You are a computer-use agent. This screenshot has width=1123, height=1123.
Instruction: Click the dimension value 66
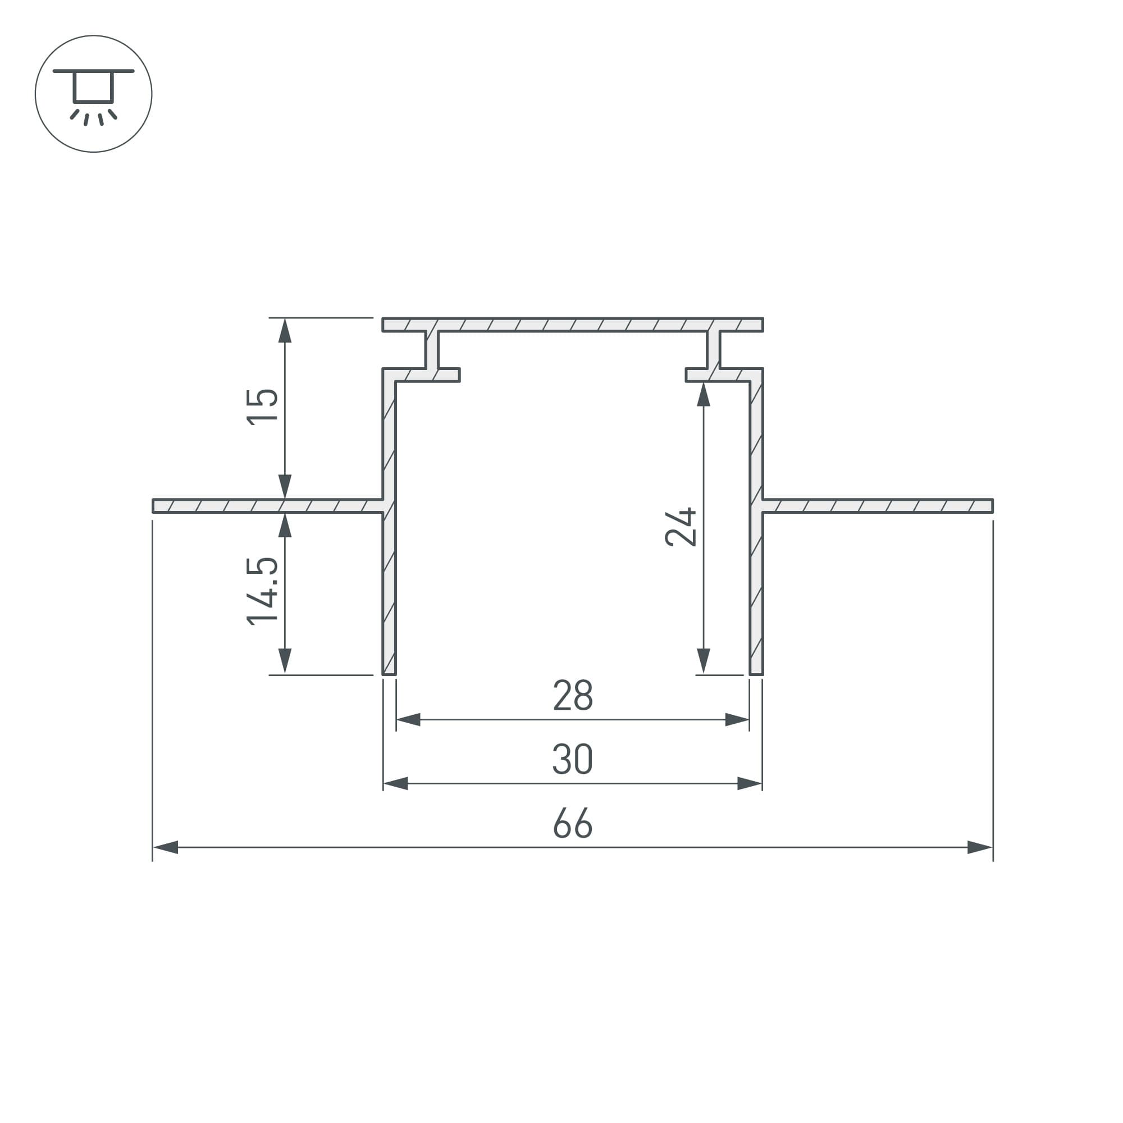pyautogui.click(x=573, y=823)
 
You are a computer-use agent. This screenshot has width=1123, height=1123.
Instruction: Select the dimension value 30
pyautogui.click(x=573, y=759)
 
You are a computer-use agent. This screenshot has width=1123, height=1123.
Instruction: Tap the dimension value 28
pyautogui.click(x=573, y=695)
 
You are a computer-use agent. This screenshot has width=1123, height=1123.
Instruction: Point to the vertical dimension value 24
pyautogui.click(x=681, y=527)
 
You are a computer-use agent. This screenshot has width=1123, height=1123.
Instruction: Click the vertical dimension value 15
pyautogui.click(x=262, y=407)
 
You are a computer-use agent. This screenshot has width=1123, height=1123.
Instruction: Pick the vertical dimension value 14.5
pyautogui.click(x=262, y=591)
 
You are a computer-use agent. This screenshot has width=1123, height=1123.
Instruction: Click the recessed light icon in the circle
pyautogui.click(x=94, y=97)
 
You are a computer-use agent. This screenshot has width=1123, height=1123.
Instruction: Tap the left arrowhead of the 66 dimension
pyautogui.click(x=165, y=847)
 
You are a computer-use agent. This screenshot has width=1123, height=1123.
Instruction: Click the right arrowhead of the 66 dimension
pyautogui.click(x=980, y=847)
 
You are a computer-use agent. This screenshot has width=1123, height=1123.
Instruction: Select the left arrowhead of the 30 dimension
pyautogui.click(x=396, y=783)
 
